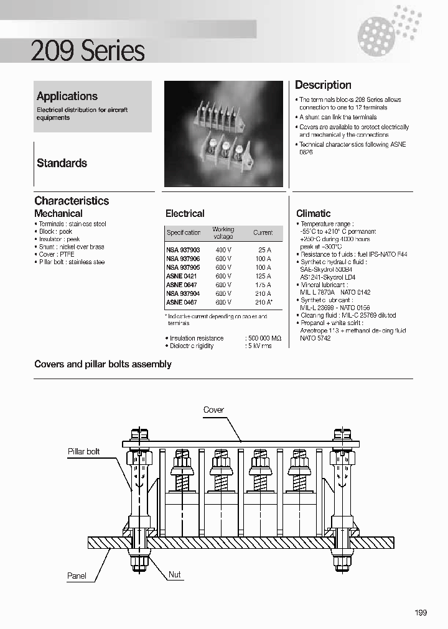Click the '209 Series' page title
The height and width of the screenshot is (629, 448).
(x=88, y=51)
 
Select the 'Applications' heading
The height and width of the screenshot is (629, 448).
(x=67, y=96)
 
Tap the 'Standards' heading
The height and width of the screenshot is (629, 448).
(x=62, y=163)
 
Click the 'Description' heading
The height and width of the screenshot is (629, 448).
(x=323, y=85)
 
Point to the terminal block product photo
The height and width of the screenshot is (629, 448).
(x=223, y=134)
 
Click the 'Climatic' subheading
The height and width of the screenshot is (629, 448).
(x=313, y=213)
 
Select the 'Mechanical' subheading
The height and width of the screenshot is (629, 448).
(x=58, y=213)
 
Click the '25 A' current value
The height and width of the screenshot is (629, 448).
(x=264, y=249)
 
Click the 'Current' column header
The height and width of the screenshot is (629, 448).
(x=263, y=232)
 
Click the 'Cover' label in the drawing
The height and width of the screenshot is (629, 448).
(x=213, y=410)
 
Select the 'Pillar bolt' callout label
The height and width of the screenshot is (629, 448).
(x=83, y=451)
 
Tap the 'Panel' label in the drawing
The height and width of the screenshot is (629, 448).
(x=77, y=576)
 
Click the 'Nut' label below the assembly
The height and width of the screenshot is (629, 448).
(x=175, y=574)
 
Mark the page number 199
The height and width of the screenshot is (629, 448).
(x=421, y=613)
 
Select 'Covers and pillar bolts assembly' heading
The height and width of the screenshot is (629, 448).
(x=103, y=364)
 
